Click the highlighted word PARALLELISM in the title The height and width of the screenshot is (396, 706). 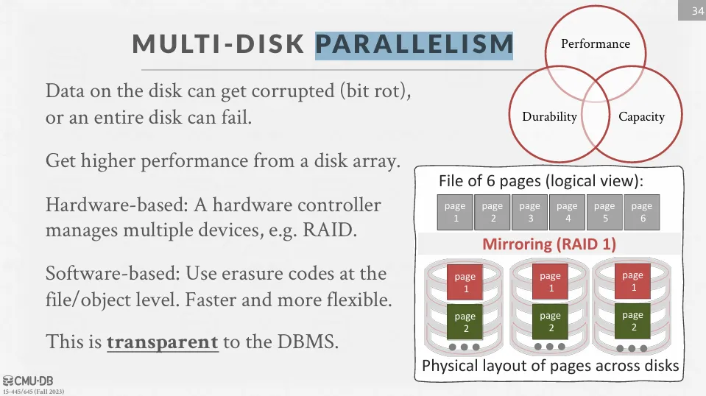[414, 44]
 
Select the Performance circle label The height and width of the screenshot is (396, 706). [596, 43]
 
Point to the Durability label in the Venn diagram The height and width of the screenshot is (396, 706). [549, 116]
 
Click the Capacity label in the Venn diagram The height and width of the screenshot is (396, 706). [641, 116]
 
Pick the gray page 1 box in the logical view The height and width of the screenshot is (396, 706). [455, 212]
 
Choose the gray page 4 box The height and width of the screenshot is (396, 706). [567, 212]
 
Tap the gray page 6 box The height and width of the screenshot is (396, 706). [642, 212]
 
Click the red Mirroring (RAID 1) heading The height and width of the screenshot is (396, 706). [549, 244]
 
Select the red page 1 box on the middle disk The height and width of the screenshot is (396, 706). [550, 282]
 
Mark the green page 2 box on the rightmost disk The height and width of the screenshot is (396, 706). [632, 321]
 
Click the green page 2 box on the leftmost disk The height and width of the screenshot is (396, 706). [465, 322]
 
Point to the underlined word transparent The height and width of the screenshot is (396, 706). [163, 342]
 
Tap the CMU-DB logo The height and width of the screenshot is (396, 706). [28, 381]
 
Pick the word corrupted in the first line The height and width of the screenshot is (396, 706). [293, 91]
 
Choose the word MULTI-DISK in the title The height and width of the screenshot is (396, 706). [219, 44]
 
